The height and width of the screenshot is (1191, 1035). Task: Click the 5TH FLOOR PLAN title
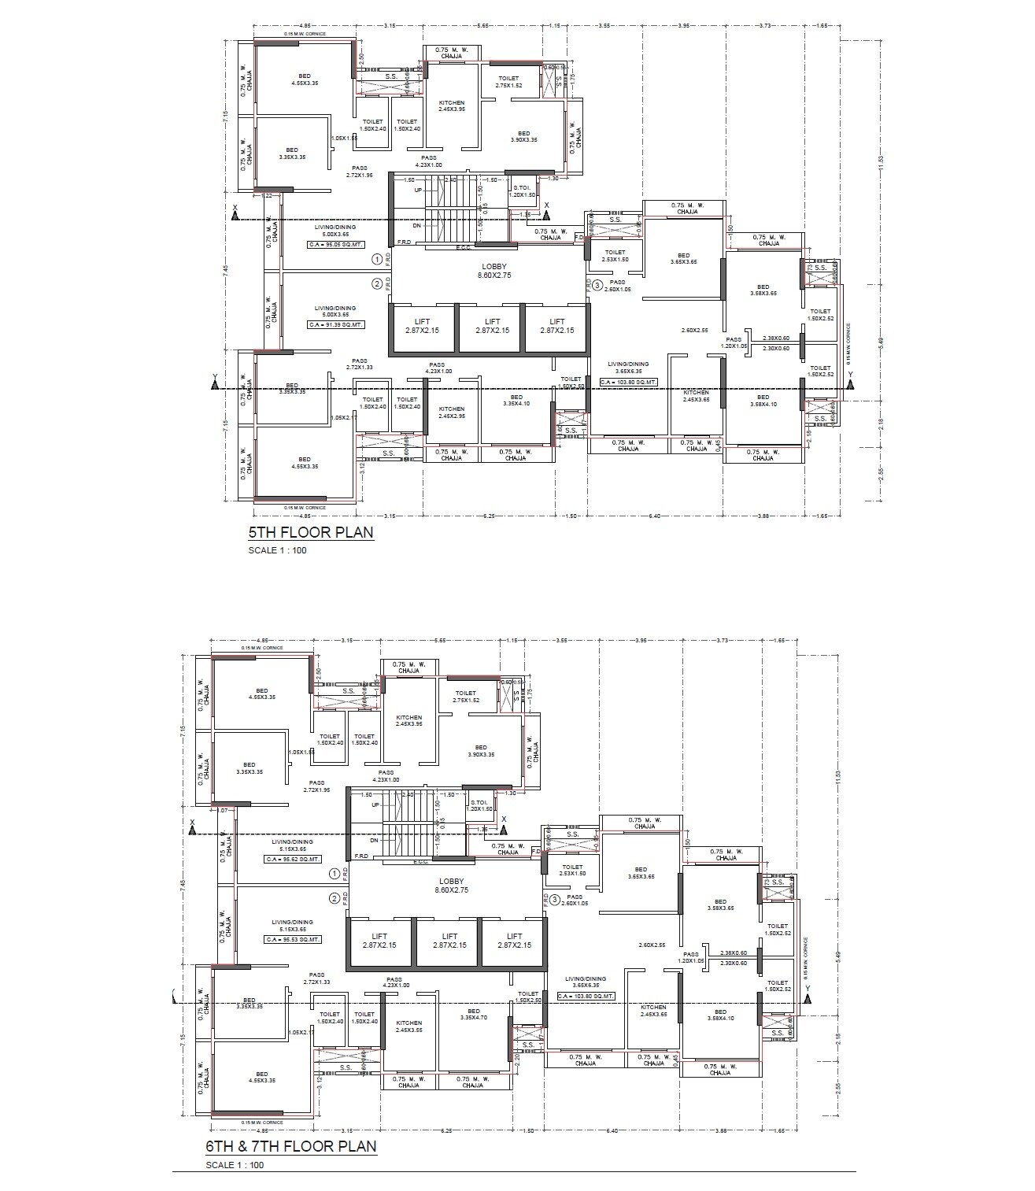click(310, 533)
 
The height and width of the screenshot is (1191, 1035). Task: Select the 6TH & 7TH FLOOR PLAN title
click(290, 1146)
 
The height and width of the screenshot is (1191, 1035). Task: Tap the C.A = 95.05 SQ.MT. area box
click(336, 245)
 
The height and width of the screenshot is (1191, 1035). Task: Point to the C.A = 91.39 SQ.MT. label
click(336, 325)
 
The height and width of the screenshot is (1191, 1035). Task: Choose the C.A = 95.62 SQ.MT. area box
click(293, 860)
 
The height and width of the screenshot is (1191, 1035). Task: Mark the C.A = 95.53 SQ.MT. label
click(293, 940)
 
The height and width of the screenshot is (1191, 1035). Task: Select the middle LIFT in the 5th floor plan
click(492, 326)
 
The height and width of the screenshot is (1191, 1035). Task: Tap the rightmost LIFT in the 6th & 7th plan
click(514, 941)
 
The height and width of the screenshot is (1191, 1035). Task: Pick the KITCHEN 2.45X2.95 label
click(451, 412)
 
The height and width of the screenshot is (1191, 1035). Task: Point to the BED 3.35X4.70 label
click(473, 1015)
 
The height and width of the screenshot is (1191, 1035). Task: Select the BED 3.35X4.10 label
click(516, 400)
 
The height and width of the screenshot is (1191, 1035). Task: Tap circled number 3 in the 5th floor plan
click(598, 285)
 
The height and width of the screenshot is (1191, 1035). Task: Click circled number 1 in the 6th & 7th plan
click(335, 874)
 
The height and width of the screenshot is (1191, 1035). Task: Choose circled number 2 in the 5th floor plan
click(377, 283)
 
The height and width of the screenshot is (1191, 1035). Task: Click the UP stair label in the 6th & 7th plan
click(375, 805)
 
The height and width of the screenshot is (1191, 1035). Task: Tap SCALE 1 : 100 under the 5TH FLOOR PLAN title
click(277, 550)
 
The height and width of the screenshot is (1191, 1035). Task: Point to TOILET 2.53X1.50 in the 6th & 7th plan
click(572, 870)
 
